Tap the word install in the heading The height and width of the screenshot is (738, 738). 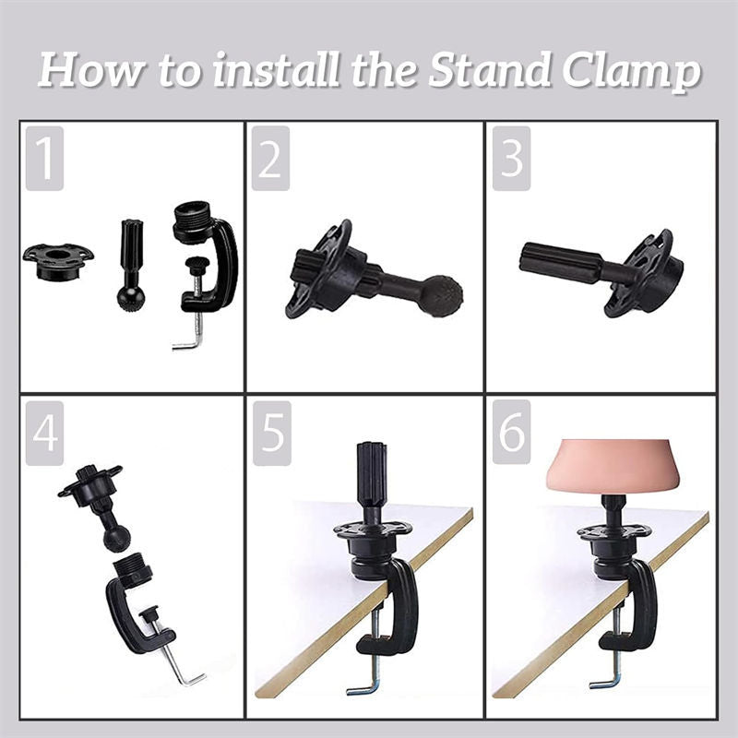275,70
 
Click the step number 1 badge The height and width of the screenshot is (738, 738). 44,158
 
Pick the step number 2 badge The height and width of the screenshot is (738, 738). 270,158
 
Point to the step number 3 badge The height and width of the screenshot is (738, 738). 512,158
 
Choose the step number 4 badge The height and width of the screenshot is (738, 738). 44,434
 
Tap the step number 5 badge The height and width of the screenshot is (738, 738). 272,434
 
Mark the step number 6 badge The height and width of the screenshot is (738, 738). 512,432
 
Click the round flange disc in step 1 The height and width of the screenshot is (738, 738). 58,261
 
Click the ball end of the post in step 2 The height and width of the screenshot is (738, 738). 441,295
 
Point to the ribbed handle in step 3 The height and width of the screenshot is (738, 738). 561,265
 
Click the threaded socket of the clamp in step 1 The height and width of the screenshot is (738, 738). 194,218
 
